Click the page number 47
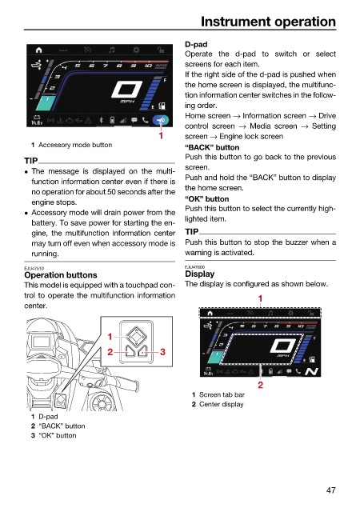(331, 490)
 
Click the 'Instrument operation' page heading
(268, 22)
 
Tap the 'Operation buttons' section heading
(61, 275)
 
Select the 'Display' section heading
(200, 274)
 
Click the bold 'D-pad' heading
(196, 44)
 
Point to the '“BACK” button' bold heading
(212, 147)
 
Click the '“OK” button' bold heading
(206, 199)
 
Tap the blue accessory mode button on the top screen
(161, 121)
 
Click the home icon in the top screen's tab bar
(39, 50)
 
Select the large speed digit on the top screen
(126, 89)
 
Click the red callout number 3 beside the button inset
(162, 352)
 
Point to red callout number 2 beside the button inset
(110, 352)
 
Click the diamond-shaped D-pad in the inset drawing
(136, 335)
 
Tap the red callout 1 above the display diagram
(260, 298)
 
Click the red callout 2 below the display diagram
(260, 385)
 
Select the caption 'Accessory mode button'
(75, 145)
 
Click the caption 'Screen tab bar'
(222, 394)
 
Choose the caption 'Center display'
(221, 404)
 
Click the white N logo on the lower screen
(311, 371)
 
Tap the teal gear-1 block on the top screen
(46, 103)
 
